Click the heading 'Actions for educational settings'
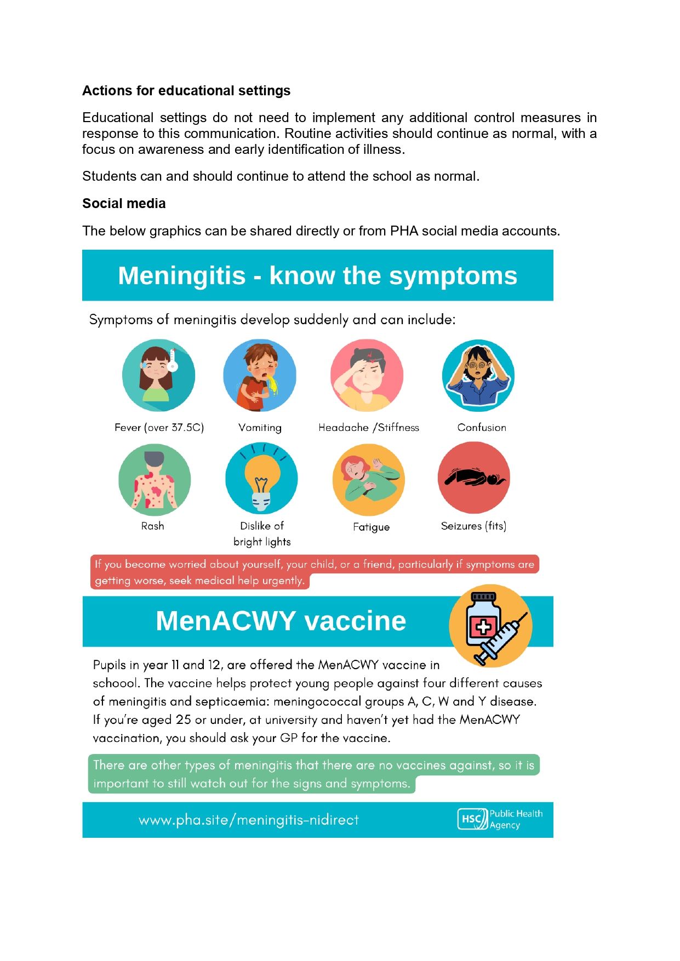(x=186, y=91)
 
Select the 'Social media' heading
(x=124, y=204)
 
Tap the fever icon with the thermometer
(x=158, y=375)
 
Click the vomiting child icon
(x=260, y=375)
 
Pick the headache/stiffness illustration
(x=367, y=375)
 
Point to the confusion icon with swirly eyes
(x=478, y=375)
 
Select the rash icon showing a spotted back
(x=155, y=480)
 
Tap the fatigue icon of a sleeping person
(x=369, y=480)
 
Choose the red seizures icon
(x=474, y=478)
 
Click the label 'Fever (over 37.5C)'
(x=159, y=428)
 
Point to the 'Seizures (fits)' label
(x=473, y=526)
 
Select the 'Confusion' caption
(x=482, y=428)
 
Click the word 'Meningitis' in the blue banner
(x=181, y=275)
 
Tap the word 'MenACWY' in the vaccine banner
(x=226, y=621)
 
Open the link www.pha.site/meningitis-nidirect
(x=248, y=820)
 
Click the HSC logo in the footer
(x=472, y=819)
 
